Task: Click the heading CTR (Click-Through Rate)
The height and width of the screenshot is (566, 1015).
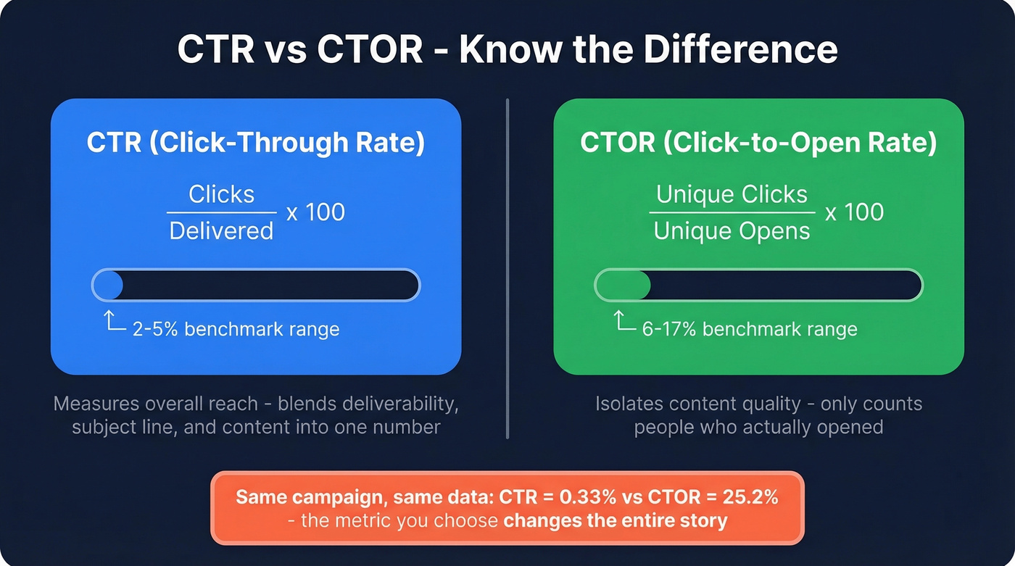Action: [255, 143]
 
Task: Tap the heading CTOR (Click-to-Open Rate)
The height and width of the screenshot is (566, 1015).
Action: [758, 143]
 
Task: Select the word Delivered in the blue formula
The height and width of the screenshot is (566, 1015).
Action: [221, 231]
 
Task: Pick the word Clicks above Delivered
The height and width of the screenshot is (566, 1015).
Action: [221, 194]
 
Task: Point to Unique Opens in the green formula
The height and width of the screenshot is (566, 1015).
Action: [732, 231]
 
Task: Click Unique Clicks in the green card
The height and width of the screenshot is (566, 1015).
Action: [732, 194]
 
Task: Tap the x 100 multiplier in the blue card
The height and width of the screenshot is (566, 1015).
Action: [315, 212]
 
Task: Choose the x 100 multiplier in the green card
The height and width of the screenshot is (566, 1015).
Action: [854, 212]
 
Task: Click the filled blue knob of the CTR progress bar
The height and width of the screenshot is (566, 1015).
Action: [108, 286]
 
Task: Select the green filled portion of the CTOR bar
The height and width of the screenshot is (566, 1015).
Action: [623, 286]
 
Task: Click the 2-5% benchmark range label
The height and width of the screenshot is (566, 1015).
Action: [236, 329]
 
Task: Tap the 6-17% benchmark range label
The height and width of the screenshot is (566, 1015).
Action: [750, 329]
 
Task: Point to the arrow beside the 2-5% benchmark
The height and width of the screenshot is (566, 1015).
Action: [114, 322]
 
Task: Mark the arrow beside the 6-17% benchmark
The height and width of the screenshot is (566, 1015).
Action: [625, 322]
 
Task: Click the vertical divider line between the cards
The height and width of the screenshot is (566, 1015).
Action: [507, 268]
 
